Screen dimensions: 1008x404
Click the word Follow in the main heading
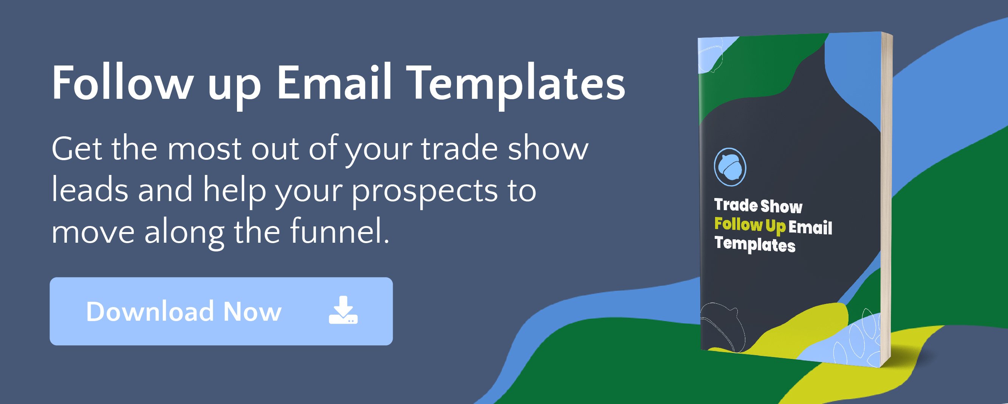(122, 83)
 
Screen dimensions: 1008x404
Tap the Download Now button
(221, 311)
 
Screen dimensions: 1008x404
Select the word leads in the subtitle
(90, 189)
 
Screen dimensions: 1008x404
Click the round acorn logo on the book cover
(730, 167)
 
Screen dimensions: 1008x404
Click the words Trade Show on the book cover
(758, 205)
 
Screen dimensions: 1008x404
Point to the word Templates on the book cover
(755, 245)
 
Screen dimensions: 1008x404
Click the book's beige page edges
(886, 200)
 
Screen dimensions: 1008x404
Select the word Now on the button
(252, 312)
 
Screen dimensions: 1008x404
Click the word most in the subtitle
(204, 149)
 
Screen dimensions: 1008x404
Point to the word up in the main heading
(234, 88)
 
